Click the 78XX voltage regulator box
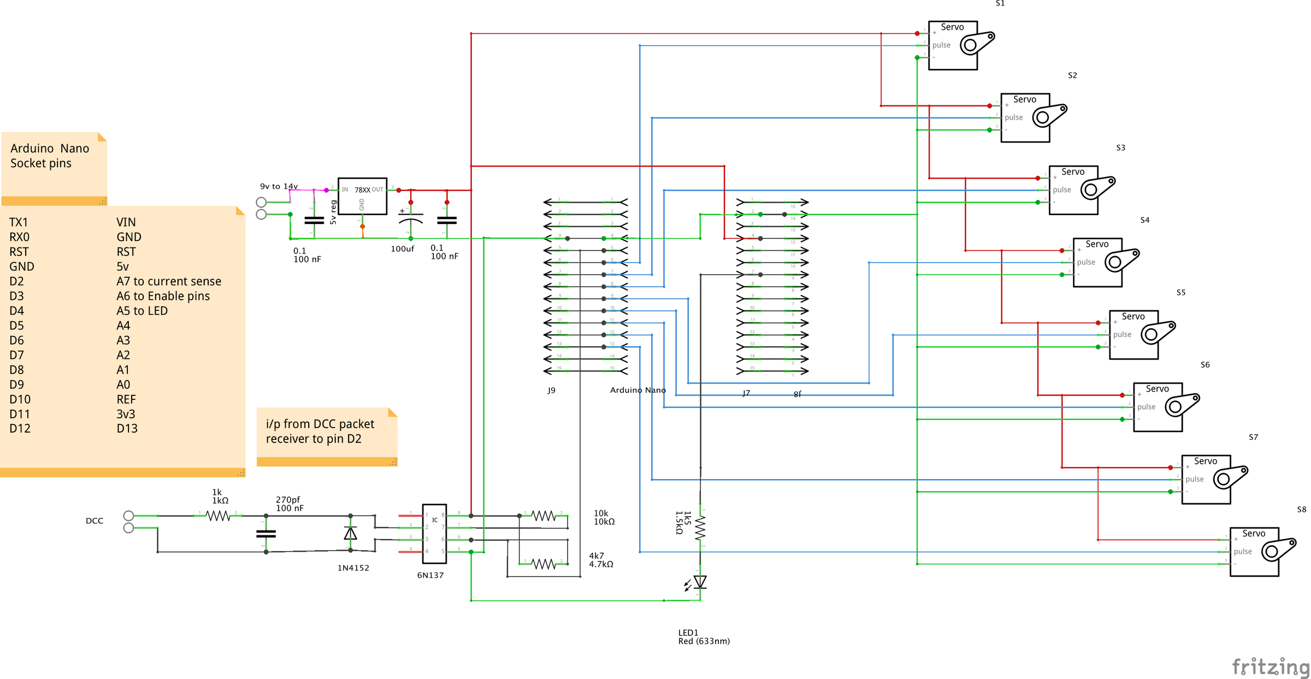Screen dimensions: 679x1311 pos(362,196)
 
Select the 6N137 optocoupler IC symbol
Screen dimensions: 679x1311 pos(434,533)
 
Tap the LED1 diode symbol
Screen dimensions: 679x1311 pos(700,582)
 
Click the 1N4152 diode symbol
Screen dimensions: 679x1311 pos(350,533)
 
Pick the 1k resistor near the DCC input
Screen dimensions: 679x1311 pos(218,515)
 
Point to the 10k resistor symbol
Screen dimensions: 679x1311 pos(544,515)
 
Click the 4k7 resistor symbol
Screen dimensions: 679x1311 pos(544,563)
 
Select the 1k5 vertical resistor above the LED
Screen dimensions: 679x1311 pos(700,528)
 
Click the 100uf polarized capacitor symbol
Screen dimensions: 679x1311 pos(410,219)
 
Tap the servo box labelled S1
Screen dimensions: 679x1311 pos(953,46)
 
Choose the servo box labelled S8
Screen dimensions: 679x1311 pos(1254,552)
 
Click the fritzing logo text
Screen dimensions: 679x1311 pos(1271,666)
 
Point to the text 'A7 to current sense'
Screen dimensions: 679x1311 pos(169,281)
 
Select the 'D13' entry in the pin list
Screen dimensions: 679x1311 pos(127,429)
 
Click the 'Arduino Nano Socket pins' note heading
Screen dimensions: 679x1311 pos(49,156)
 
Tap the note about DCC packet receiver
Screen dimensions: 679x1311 pos(320,432)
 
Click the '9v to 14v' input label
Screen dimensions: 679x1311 pos(279,186)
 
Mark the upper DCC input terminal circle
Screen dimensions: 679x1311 pos(128,515)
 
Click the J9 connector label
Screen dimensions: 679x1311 pos(551,390)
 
